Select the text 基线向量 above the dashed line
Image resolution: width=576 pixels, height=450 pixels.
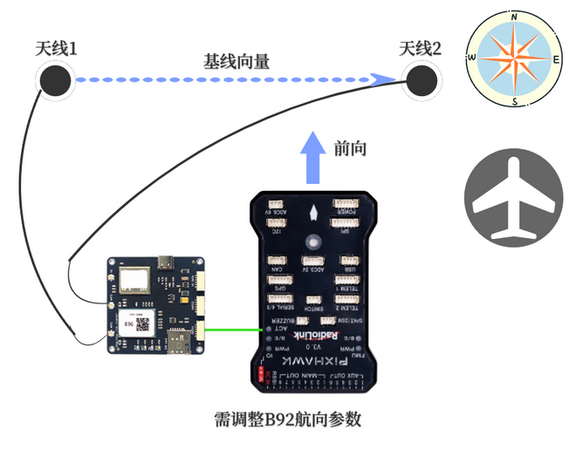237,61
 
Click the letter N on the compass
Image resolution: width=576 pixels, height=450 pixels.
515,17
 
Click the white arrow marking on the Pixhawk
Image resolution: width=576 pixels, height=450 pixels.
312,212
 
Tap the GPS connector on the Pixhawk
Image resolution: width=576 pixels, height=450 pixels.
280,282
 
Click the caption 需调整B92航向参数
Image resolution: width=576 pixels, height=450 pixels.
287,420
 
